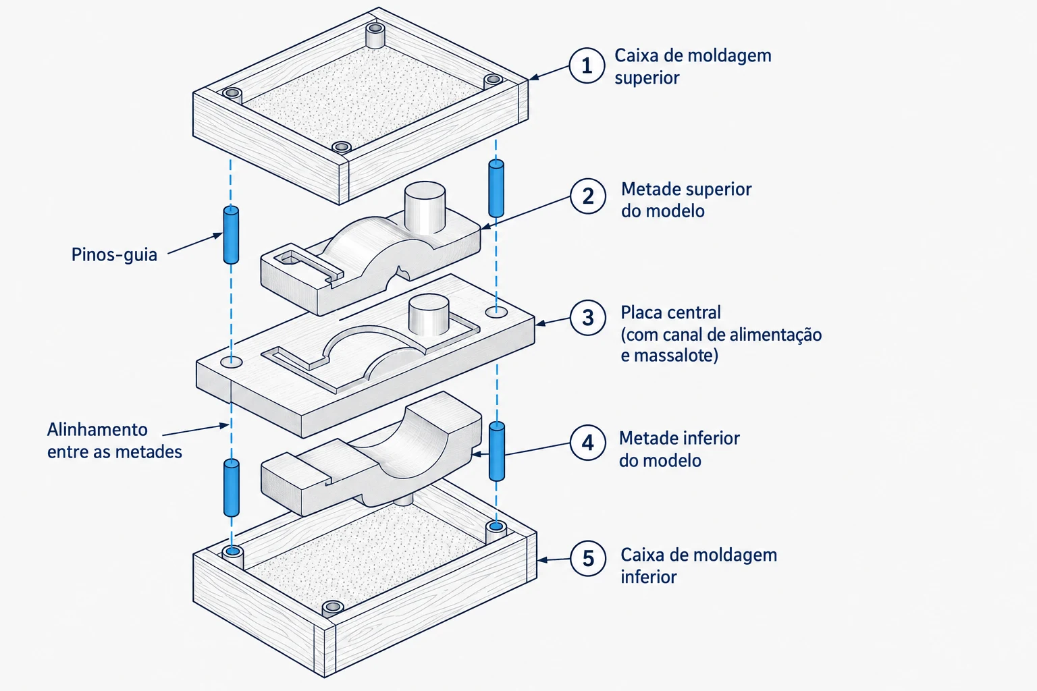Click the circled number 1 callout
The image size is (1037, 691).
587,65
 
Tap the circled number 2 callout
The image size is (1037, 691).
588,196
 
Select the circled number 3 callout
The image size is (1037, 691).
588,318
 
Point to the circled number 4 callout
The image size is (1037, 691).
588,443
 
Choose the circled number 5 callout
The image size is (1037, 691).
588,558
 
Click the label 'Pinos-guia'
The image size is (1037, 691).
114,254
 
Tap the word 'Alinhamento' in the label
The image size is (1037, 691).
97,429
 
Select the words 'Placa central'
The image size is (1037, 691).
670,312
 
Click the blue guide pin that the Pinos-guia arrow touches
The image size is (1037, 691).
231,235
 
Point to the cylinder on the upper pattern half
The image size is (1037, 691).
425,208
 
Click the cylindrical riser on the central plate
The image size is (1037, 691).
429,314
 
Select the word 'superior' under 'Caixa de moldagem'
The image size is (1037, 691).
647,78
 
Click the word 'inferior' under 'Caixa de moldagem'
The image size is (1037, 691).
649,577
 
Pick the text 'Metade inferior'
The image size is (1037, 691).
679,438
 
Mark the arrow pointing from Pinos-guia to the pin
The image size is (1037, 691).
195,243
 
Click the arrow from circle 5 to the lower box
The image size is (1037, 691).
554,559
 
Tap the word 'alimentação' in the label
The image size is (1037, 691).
778,335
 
